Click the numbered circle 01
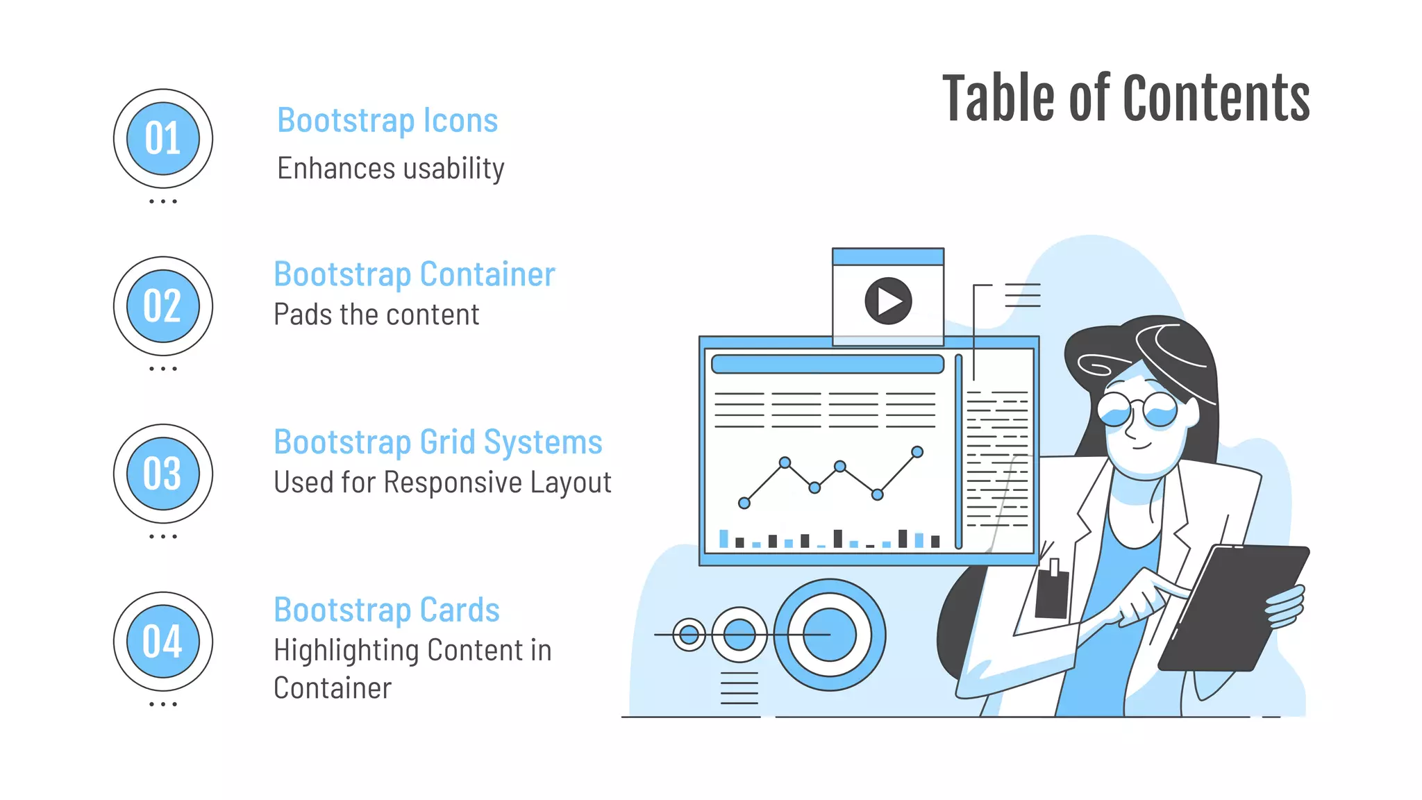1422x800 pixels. click(x=163, y=138)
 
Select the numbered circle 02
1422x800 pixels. click(x=163, y=306)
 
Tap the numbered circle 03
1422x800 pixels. click(x=163, y=474)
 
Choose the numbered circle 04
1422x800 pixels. click(x=163, y=641)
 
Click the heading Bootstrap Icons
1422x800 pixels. click(x=387, y=121)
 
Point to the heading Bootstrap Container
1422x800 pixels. click(x=415, y=274)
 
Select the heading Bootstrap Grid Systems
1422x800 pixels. click(x=438, y=442)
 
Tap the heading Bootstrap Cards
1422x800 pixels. click(x=387, y=610)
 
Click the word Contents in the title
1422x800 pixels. click(x=1216, y=99)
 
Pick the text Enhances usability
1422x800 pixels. click(x=391, y=169)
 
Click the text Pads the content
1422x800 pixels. click(x=376, y=315)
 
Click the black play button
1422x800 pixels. click(x=888, y=301)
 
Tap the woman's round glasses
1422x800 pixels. click(x=1137, y=410)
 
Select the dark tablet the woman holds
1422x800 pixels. click(x=1232, y=608)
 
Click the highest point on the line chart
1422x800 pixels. click(x=917, y=452)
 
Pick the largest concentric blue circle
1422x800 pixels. click(x=829, y=635)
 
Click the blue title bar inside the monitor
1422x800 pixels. click(x=828, y=364)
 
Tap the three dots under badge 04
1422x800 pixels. click(x=163, y=704)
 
